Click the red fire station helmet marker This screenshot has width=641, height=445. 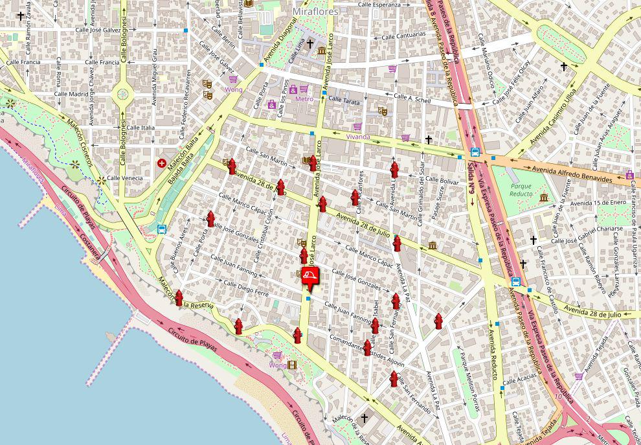click(310, 276)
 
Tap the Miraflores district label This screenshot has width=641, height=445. click(315, 12)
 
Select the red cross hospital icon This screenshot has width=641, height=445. click(161, 163)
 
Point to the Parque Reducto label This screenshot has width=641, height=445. click(521, 190)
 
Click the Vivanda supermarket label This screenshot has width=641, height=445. click(357, 137)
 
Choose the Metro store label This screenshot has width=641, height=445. click(304, 99)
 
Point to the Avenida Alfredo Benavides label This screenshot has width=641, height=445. click(572, 173)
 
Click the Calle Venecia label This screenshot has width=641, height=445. click(125, 178)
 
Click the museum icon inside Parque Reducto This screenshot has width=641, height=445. click(543, 197)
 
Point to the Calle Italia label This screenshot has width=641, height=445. click(141, 128)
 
